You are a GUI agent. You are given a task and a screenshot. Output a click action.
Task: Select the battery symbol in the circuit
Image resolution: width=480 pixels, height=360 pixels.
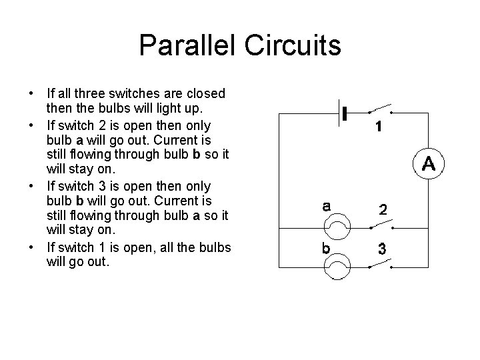coord(345,114)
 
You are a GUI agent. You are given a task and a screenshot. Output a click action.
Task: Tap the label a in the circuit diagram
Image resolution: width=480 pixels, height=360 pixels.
coord(325,207)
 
